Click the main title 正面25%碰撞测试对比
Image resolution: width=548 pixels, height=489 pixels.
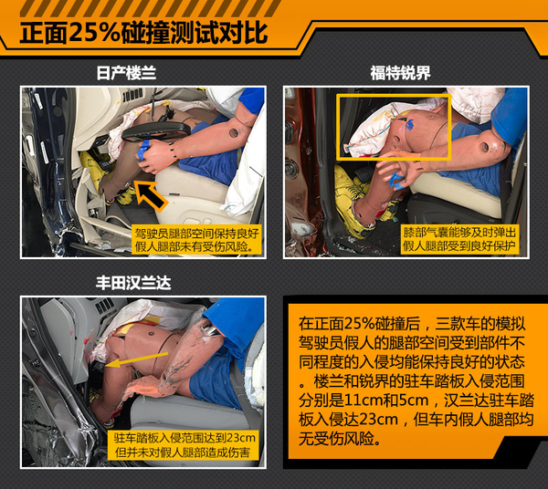(143, 33)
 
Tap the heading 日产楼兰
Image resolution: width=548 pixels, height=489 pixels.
(126, 73)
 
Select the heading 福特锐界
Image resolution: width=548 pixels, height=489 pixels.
(400, 73)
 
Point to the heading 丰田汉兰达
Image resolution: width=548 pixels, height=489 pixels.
(133, 283)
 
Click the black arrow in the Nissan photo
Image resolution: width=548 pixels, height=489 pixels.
(151, 196)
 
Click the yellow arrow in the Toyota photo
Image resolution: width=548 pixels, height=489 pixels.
(136, 359)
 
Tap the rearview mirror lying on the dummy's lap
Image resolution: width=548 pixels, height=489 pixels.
(156, 131)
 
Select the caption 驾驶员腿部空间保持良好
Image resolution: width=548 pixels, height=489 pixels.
(196, 234)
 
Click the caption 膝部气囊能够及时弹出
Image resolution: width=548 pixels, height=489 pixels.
(459, 232)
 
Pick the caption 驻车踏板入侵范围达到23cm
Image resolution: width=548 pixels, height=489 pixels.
(184, 438)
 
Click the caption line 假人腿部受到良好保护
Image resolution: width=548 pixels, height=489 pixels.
(459, 245)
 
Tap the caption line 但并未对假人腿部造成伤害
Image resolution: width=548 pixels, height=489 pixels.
(183, 453)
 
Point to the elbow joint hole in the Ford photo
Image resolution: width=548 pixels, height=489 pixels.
(485, 147)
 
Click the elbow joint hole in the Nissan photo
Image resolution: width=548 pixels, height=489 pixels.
(233, 133)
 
